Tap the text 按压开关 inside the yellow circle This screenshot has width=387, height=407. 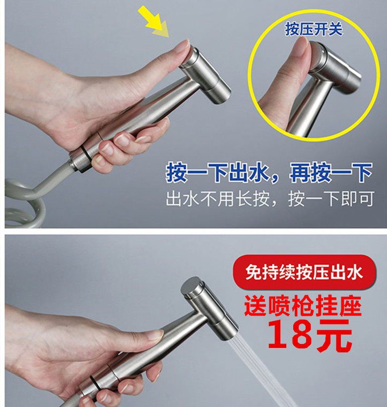[314, 29]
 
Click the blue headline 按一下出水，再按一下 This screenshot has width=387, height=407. [268, 173]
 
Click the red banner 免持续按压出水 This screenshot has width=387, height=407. [304, 272]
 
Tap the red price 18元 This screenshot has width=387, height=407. [310, 335]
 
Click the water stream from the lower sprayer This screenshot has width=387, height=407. [263, 367]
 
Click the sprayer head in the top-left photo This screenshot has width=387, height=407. [206, 74]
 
